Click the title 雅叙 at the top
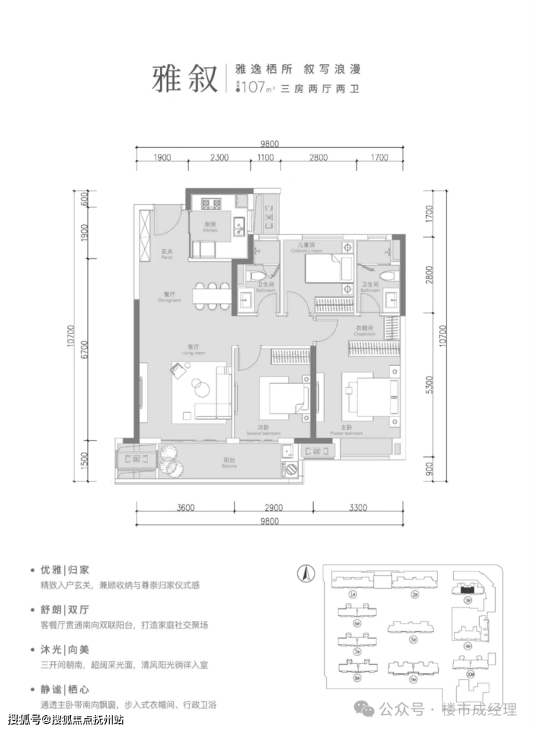185,78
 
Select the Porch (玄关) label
167,255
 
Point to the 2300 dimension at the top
219,157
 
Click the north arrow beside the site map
305,574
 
